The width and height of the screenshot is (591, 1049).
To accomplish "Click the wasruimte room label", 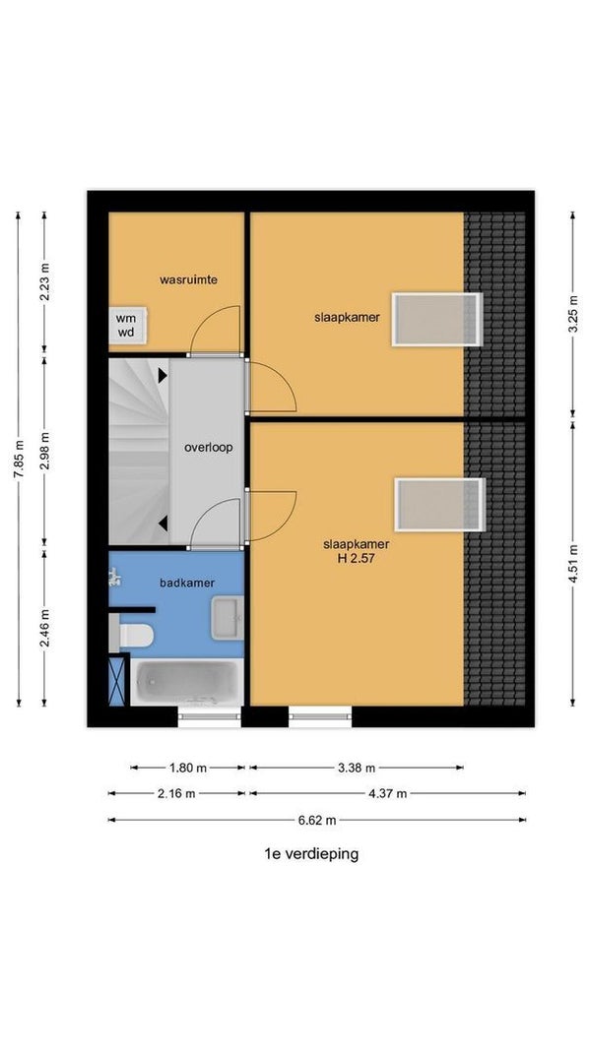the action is tap(188, 279).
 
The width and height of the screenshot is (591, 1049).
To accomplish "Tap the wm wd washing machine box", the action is tap(127, 325).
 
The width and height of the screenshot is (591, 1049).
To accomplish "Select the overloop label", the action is tap(209, 447).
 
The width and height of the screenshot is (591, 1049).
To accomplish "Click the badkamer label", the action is tap(187, 583).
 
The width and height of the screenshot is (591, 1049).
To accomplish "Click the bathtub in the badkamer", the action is tap(187, 682).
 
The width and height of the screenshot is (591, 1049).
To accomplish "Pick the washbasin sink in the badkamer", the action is tap(228, 617).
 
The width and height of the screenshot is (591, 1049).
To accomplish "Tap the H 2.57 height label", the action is tap(356, 557).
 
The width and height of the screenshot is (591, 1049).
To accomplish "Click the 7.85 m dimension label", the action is tap(18, 459).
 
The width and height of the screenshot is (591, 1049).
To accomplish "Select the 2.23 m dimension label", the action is tap(45, 281).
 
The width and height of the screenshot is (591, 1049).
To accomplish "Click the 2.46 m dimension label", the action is tap(45, 628).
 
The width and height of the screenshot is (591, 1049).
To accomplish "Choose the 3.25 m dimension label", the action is tap(573, 314).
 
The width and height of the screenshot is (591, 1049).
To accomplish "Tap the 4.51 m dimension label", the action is tap(573, 563).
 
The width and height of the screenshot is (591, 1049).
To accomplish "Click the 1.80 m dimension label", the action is tap(187, 768).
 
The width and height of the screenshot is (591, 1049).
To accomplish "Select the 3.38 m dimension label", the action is tap(356, 768).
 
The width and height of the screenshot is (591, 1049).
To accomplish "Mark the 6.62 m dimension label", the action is tap(316, 820).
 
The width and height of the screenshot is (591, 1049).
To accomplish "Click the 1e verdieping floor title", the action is tap(311, 854).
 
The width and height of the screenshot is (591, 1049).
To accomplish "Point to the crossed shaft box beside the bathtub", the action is tap(116, 681).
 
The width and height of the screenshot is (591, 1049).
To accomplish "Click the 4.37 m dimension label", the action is tap(387, 794).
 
